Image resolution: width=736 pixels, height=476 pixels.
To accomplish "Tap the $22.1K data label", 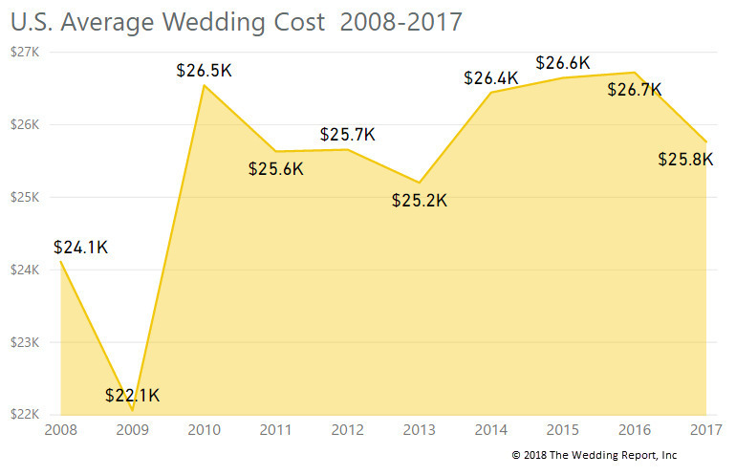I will click(x=133, y=396).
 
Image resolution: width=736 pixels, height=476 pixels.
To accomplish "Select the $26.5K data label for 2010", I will click(x=204, y=71).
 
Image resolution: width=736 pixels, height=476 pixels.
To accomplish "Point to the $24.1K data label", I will click(x=81, y=248).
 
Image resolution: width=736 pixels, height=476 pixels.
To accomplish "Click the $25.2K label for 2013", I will click(x=420, y=201).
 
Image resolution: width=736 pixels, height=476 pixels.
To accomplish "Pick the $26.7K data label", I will click(x=635, y=90).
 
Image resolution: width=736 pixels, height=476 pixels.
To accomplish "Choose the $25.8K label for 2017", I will click(x=685, y=160).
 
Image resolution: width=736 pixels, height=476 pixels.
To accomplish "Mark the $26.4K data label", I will click(x=490, y=77).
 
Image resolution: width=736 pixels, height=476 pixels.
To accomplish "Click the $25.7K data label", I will click(x=348, y=135).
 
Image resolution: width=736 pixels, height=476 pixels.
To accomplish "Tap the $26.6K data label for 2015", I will click(x=563, y=63).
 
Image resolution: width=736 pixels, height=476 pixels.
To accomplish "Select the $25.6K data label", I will click(x=275, y=169).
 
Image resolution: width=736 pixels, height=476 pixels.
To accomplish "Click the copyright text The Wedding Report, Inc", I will click(x=595, y=455).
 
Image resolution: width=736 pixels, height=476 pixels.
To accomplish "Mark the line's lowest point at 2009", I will click(x=132, y=410).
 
